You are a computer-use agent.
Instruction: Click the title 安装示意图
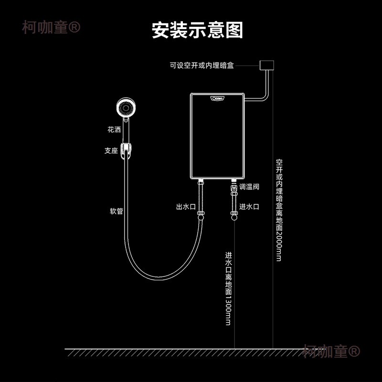point(197,30)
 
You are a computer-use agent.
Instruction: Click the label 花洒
point(114,129)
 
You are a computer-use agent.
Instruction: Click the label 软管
point(116,211)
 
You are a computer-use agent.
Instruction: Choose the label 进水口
point(249,207)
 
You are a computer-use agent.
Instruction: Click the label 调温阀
point(249,187)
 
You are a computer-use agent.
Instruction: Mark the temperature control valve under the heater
point(234,190)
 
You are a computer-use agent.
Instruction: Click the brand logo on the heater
point(217,99)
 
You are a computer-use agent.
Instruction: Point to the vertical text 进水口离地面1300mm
point(228,288)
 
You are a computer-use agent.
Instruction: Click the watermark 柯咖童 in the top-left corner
point(51,27)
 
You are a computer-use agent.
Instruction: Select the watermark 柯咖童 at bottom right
point(330,352)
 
